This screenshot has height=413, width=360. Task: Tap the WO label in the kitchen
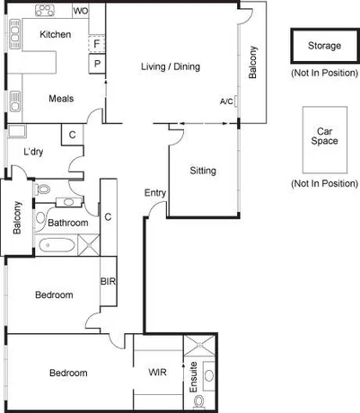[80, 12]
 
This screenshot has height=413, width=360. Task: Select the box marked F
[96, 44]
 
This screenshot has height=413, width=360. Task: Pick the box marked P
[96, 65]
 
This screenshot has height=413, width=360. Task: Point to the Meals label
[61, 99]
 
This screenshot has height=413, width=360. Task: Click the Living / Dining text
[171, 66]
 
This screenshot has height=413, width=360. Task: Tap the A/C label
[225, 101]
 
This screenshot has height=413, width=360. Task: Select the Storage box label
[324, 45]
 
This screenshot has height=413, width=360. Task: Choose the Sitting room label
[204, 171]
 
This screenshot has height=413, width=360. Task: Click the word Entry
[154, 193]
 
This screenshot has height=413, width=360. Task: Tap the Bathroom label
[67, 223]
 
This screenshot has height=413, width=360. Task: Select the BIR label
[108, 281]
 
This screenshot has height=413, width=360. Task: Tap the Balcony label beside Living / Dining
[253, 63]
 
